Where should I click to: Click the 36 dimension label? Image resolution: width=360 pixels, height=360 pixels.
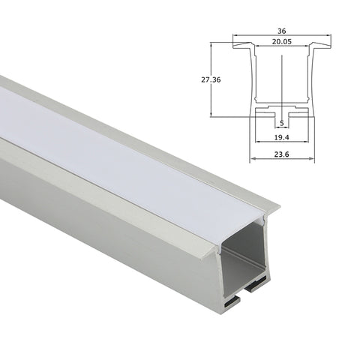click(x=282, y=31)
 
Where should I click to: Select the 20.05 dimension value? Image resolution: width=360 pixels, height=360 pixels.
click(x=282, y=42)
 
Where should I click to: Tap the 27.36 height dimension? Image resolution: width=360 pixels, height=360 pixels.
click(x=211, y=79)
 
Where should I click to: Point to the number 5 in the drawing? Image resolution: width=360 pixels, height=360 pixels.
click(x=282, y=123)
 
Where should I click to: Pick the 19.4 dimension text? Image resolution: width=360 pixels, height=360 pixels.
click(x=282, y=137)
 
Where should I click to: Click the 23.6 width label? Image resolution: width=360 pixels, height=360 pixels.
click(x=282, y=154)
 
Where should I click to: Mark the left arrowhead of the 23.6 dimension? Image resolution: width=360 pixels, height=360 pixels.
click(x=253, y=158)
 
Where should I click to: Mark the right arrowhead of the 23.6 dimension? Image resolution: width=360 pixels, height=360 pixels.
click(x=311, y=158)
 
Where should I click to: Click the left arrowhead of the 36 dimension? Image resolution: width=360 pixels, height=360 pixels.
click(x=235, y=35)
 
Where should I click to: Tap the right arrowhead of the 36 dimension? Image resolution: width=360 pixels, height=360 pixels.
click(x=328, y=35)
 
